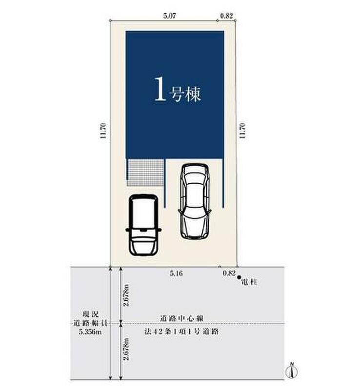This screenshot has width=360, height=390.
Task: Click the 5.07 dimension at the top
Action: tap(170, 16)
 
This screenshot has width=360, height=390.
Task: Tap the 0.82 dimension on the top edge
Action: tap(226, 16)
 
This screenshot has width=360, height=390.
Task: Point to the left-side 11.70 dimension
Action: tap(103, 131)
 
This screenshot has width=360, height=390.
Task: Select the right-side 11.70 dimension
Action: tap(242, 131)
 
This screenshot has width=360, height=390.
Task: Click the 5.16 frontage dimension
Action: tap(176, 273)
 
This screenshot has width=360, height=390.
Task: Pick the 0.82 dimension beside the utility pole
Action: tap(229, 273)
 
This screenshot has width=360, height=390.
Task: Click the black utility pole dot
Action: tap(239, 277)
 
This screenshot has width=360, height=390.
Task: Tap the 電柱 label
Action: tap(249, 282)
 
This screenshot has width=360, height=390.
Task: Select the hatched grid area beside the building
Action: tap(146, 173)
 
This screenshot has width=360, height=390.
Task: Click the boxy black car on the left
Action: tap(143, 225)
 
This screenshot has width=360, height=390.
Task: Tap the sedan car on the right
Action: tap(195, 201)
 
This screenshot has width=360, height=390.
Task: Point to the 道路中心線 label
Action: tap(181, 318)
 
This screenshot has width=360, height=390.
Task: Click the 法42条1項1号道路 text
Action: tap(181, 331)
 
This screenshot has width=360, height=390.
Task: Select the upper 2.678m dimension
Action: tap(127, 295)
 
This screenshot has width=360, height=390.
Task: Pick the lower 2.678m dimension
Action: tap(127, 349)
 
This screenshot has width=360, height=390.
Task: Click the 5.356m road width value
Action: tap(90, 331)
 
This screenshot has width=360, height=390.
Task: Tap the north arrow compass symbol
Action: tap(292, 371)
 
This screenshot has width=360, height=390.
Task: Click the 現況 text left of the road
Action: tap(90, 314)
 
